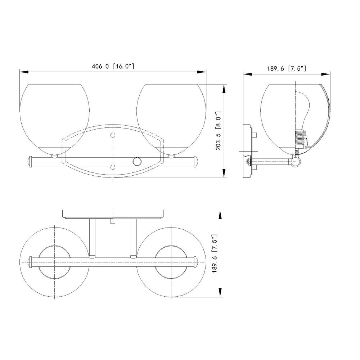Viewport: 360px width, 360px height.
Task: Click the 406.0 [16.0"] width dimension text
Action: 113,66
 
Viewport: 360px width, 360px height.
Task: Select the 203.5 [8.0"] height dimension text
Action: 218,131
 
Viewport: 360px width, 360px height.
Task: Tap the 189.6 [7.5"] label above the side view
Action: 286,68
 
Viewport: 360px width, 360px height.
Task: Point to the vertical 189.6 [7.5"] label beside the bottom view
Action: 215,253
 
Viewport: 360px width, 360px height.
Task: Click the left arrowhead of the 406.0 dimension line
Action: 24,72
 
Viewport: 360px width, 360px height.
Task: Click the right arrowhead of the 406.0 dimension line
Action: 202,72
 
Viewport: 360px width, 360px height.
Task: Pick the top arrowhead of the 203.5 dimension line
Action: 224,89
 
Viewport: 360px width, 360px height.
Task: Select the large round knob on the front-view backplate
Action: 137,161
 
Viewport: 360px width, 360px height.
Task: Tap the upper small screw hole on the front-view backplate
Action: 113,135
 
